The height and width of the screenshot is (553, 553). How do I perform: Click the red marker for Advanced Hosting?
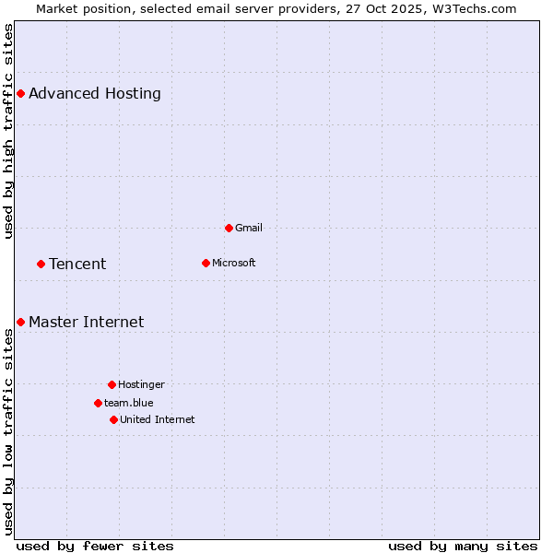pyautogui.click(x=20, y=93)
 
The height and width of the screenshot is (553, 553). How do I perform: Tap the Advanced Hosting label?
pyautogui.click(x=95, y=93)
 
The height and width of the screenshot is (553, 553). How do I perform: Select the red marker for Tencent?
pyautogui.click(x=41, y=264)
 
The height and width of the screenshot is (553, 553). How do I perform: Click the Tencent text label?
pyautogui.click(x=77, y=264)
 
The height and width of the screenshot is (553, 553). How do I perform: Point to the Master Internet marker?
pyautogui.click(x=20, y=322)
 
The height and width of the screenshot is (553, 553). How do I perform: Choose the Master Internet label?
pyautogui.click(x=87, y=322)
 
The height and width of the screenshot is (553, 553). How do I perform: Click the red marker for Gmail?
pyautogui.click(x=229, y=228)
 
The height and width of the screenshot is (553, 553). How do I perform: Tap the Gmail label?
pyautogui.click(x=249, y=228)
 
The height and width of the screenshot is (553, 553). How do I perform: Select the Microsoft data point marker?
pyautogui.click(x=206, y=263)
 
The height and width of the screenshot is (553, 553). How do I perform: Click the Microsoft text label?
pyautogui.click(x=234, y=263)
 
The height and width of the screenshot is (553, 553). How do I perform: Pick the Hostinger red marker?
pyautogui.click(x=112, y=384)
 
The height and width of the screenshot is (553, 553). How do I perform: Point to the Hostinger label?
pyautogui.click(x=141, y=384)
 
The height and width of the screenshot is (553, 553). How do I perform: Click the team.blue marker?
pyautogui.click(x=98, y=403)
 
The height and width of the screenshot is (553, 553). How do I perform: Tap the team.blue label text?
pyautogui.click(x=129, y=403)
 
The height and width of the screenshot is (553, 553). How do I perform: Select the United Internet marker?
pyautogui.click(x=113, y=419)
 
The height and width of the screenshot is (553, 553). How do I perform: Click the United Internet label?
pyautogui.click(x=158, y=419)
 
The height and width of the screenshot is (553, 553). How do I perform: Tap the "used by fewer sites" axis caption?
pyautogui.click(x=95, y=546)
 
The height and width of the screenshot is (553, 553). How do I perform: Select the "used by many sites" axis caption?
pyautogui.click(x=463, y=546)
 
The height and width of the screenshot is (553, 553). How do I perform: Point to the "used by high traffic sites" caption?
pyautogui.click(x=8, y=131)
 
